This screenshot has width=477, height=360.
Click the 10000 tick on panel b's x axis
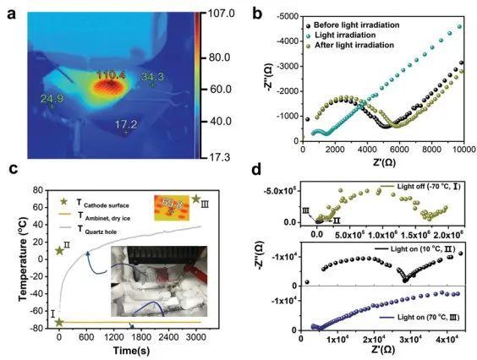point(461,150)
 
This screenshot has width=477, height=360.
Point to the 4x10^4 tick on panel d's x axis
point(445,340)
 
